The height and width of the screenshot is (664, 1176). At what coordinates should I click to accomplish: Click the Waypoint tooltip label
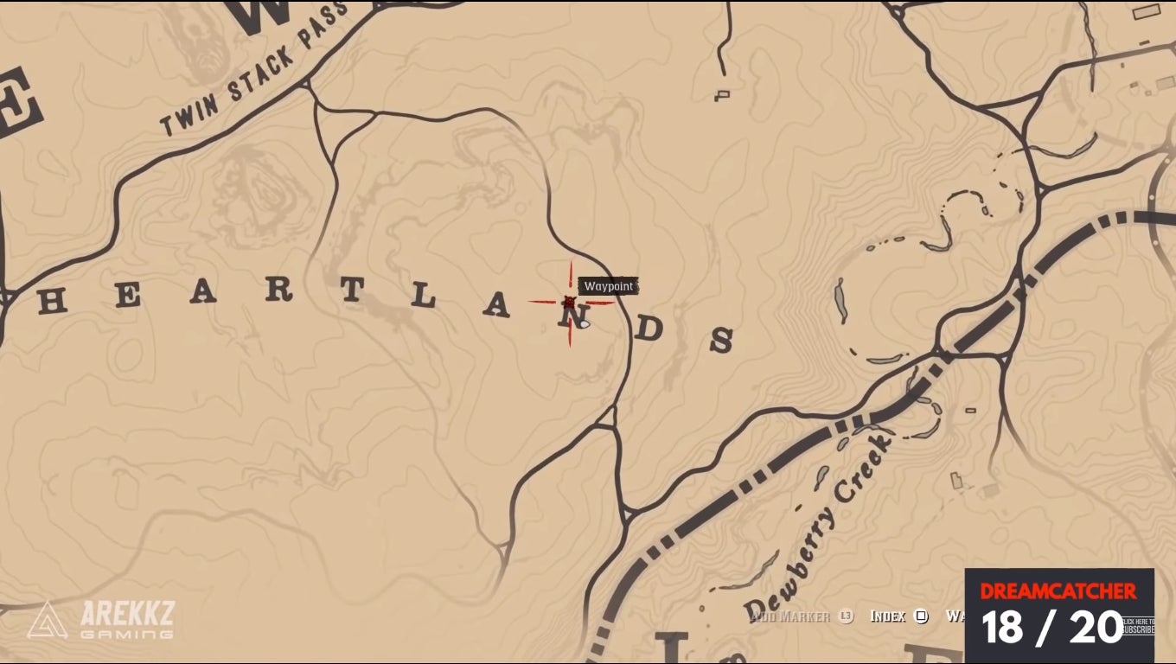tap(609, 286)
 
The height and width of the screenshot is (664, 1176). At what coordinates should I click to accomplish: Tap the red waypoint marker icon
tap(569, 302)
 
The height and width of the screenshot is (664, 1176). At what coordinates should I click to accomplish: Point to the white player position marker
tap(585, 324)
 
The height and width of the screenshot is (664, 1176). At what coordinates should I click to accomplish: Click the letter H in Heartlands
tap(53, 301)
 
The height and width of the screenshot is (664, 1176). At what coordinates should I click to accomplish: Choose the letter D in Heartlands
tap(651, 329)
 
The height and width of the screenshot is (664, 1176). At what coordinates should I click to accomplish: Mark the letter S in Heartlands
tap(721, 341)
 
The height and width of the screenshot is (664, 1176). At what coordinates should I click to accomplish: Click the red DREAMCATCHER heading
tap(1058, 591)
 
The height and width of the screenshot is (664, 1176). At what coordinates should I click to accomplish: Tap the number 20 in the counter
tap(1096, 627)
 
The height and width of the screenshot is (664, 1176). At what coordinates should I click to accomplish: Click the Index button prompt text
tap(887, 616)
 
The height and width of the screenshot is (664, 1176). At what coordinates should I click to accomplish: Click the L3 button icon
tap(846, 616)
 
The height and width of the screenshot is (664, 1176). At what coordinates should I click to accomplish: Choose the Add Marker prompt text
tap(790, 616)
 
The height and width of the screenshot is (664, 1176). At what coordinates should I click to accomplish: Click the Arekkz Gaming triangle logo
tap(47, 620)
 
